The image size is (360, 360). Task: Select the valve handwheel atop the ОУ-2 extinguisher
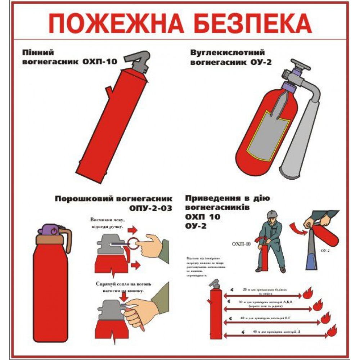298,65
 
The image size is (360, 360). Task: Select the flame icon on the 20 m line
308,294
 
